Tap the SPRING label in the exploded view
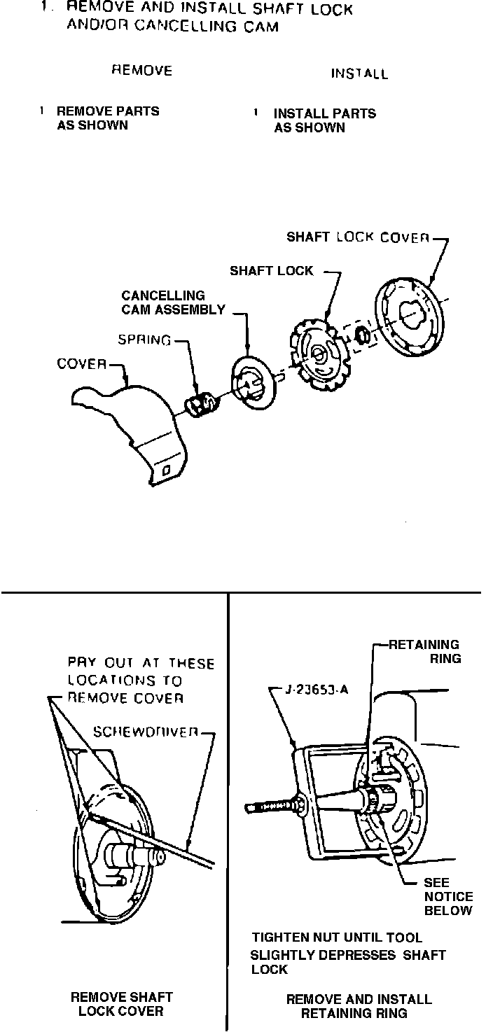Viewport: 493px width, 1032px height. (x=144, y=340)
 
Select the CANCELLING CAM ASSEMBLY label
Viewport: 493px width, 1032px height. (x=173, y=302)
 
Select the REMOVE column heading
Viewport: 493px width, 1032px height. (x=142, y=71)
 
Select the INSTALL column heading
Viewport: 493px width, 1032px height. (x=359, y=74)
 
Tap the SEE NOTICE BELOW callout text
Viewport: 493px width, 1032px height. (x=447, y=896)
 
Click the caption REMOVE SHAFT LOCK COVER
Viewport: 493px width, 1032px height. (x=121, y=1003)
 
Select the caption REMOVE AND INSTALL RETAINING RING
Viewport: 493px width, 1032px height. (x=358, y=1005)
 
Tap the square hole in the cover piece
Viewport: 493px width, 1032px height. (x=165, y=473)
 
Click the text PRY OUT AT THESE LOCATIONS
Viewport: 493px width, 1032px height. (x=141, y=680)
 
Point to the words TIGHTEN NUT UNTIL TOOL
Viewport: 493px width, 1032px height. (x=337, y=937)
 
